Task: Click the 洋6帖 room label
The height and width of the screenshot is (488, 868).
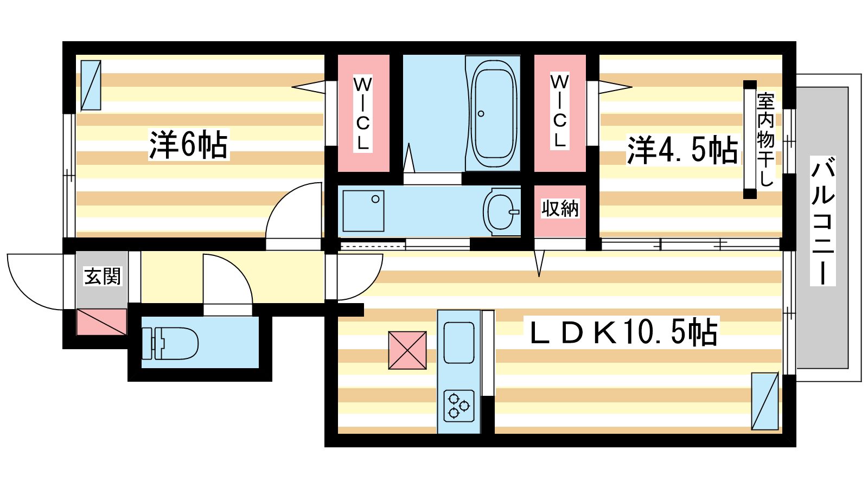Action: (x=189, y=144)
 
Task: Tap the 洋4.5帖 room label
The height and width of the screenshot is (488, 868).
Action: (x=682, y=150)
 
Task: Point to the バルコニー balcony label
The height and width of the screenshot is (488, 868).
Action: (x=822, y=221)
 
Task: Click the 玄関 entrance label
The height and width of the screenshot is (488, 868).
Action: (x=103, y=276)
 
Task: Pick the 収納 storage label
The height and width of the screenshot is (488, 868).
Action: (x=560, y=208)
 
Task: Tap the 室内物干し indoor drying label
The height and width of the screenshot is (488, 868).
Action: (x=765, y=139)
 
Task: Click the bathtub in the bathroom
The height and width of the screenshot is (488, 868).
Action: (x=493, y=113)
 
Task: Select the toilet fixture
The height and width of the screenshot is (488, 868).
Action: (x=170, y=344)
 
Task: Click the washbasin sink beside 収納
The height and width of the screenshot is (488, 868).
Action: (x=502, y=212)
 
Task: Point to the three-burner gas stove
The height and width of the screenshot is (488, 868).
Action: (x=459, y=406)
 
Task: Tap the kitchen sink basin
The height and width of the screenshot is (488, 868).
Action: (x=459, y=343)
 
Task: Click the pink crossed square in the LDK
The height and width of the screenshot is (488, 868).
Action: (x=407, y=350)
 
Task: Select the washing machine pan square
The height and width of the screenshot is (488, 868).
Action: (x=363, y=211)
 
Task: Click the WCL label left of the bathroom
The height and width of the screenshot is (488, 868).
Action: (x=363, y=113)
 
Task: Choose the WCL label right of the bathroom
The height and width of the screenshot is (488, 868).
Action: (x=559, y=111)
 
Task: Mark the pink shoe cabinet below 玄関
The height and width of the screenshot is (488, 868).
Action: (x=101, y=322)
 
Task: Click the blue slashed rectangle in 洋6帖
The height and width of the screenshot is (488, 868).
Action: (x=91, y=85)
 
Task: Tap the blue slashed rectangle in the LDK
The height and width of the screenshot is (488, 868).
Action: (x=764, y=401)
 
